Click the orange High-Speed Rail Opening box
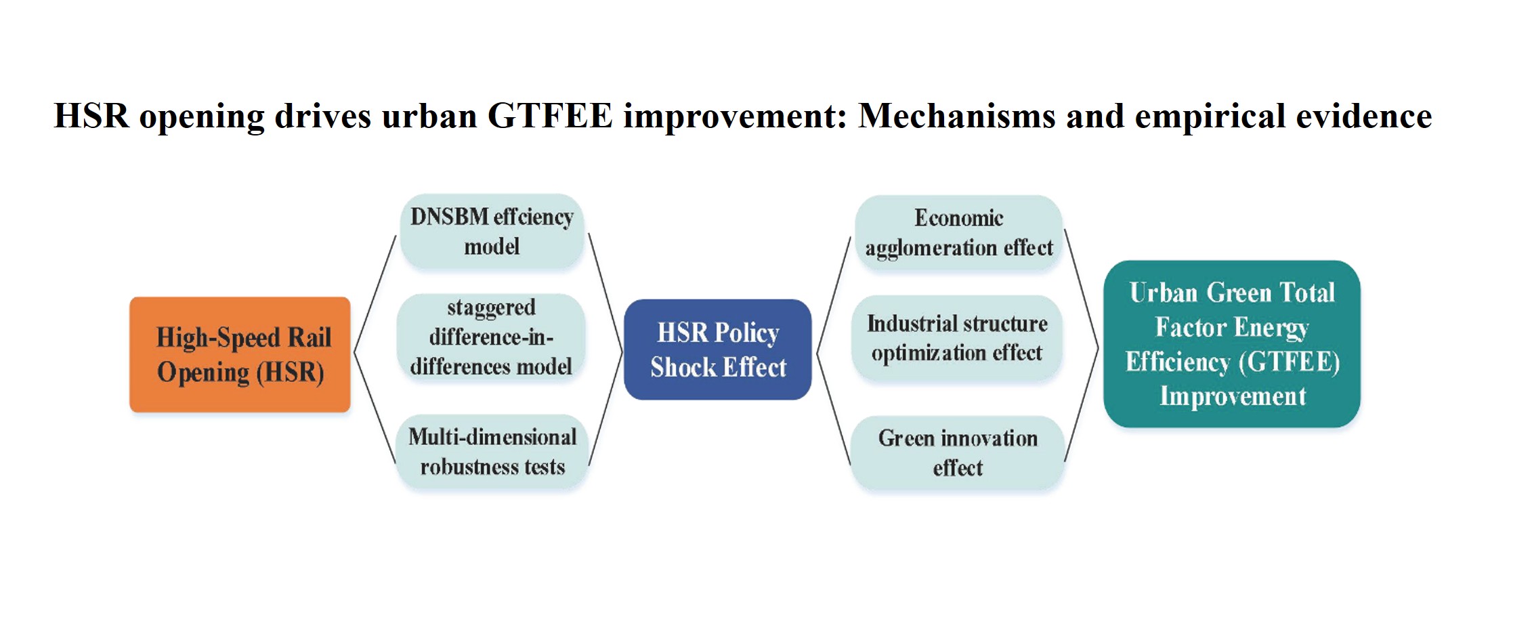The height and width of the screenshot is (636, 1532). point(240,354)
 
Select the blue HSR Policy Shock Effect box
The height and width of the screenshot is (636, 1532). point(718,349)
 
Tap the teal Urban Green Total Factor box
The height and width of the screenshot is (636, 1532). point(1232,344)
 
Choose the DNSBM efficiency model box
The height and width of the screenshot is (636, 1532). point(492,232)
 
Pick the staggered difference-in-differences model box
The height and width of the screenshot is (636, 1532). point(491,337)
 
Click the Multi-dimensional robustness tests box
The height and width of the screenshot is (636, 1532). point(492,452)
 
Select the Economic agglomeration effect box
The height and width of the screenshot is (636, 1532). point(959,233)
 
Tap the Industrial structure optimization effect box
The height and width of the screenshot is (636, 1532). point(957,338)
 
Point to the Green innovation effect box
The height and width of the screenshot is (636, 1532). point(958,453)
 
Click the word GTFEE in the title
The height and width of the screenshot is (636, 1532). point(550,116)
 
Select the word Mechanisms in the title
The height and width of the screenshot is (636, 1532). point(957,116)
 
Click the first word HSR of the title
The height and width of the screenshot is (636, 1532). point(91,116)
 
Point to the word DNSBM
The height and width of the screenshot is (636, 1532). point(450,217)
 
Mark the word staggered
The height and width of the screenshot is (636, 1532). point(491,308)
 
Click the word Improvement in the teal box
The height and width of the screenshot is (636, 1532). point(1233,396)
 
